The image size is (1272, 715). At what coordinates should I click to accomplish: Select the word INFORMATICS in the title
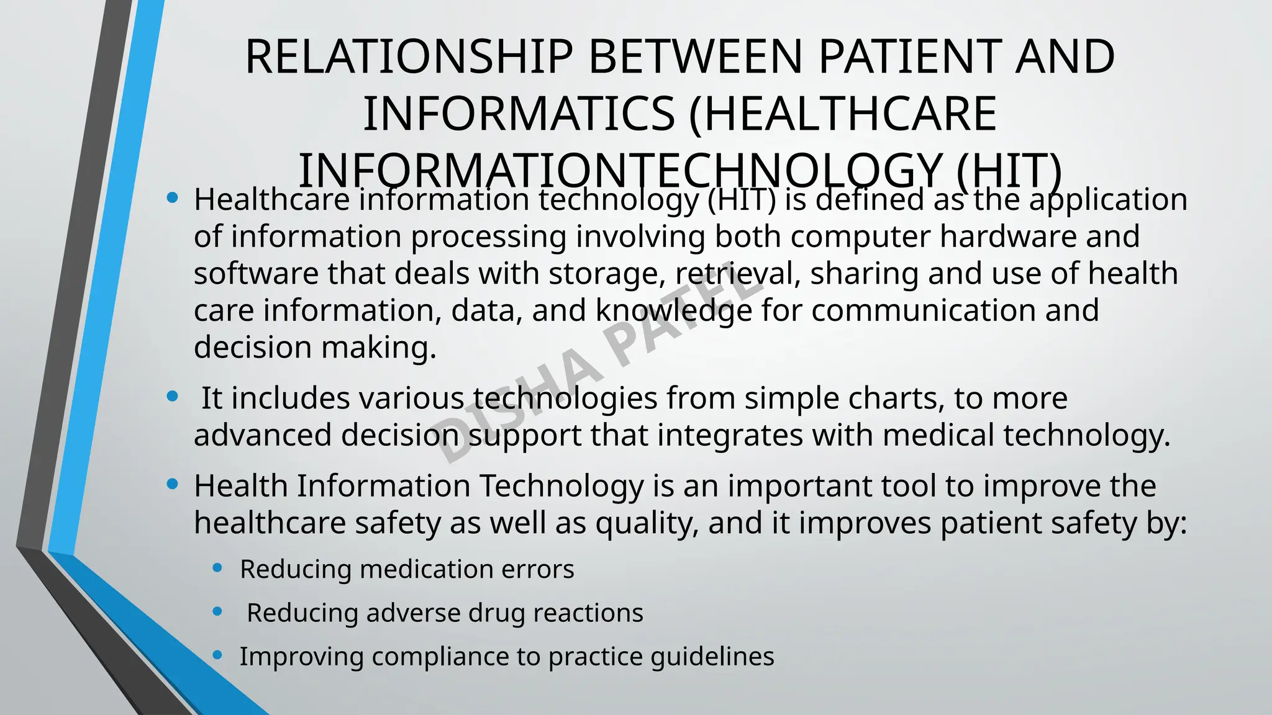(518, 114)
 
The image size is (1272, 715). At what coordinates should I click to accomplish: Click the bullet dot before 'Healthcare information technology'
(173, 199)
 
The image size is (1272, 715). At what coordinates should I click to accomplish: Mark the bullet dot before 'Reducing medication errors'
(217, 568)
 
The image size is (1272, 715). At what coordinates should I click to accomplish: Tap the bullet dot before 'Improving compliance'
(217, 655)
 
